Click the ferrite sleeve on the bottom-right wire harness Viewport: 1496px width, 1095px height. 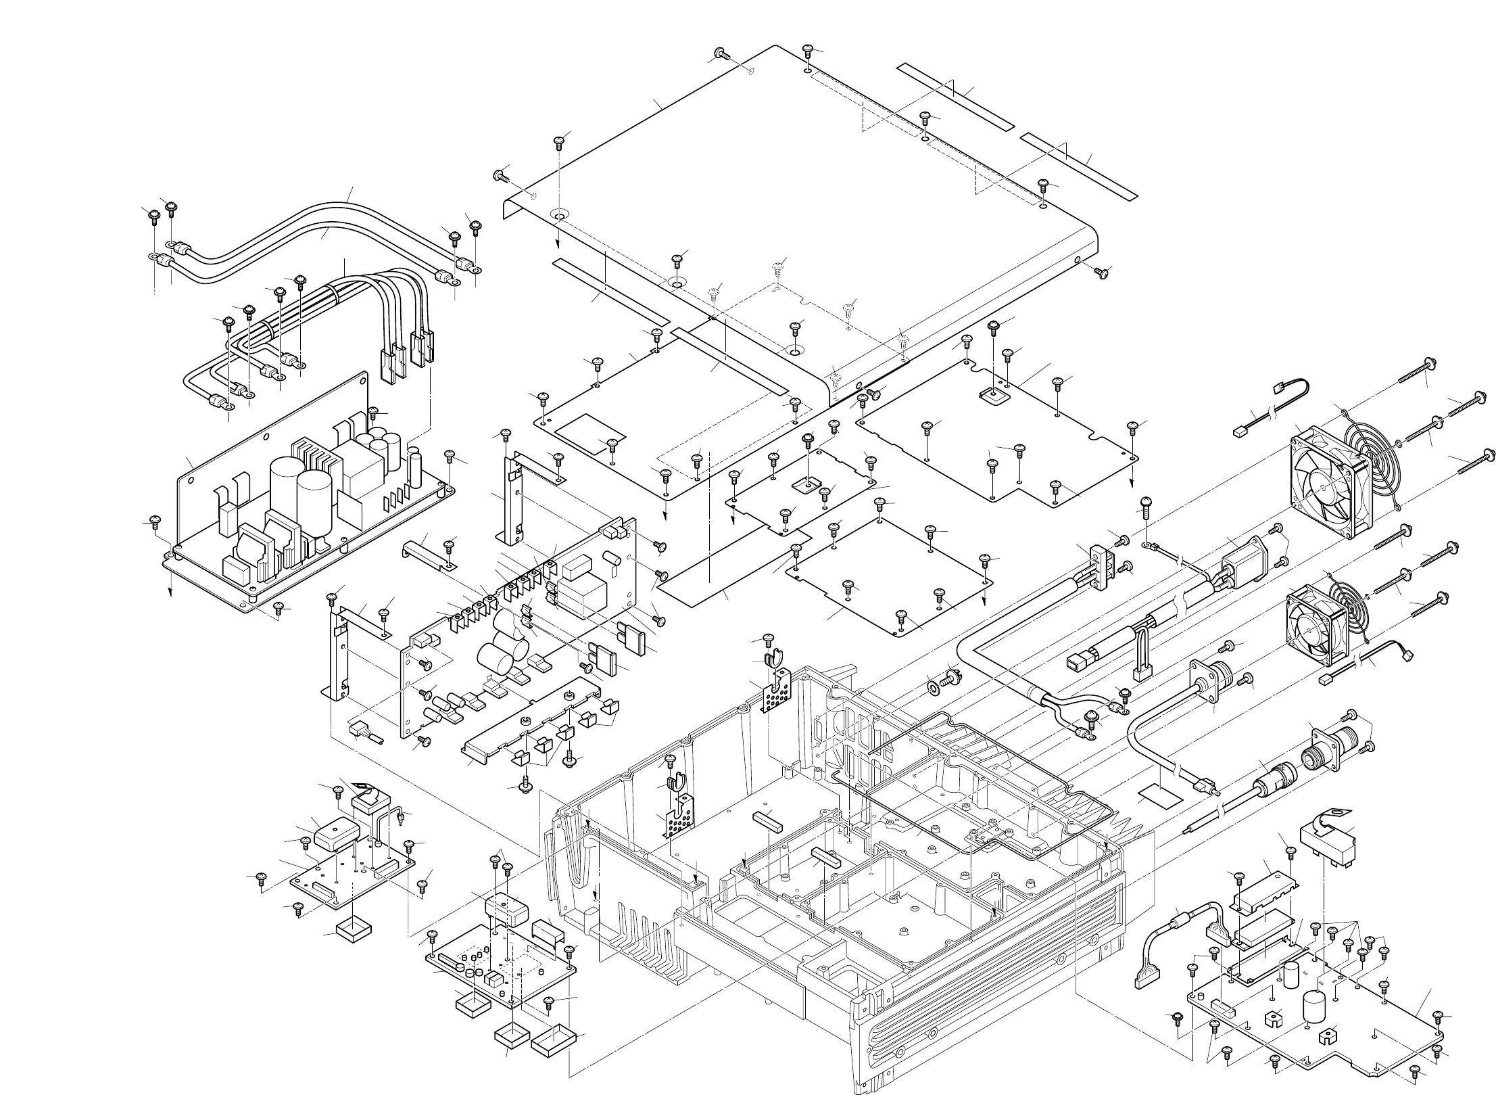coord(1183,921)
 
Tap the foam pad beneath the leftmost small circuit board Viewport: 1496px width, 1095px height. coord(355,931)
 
